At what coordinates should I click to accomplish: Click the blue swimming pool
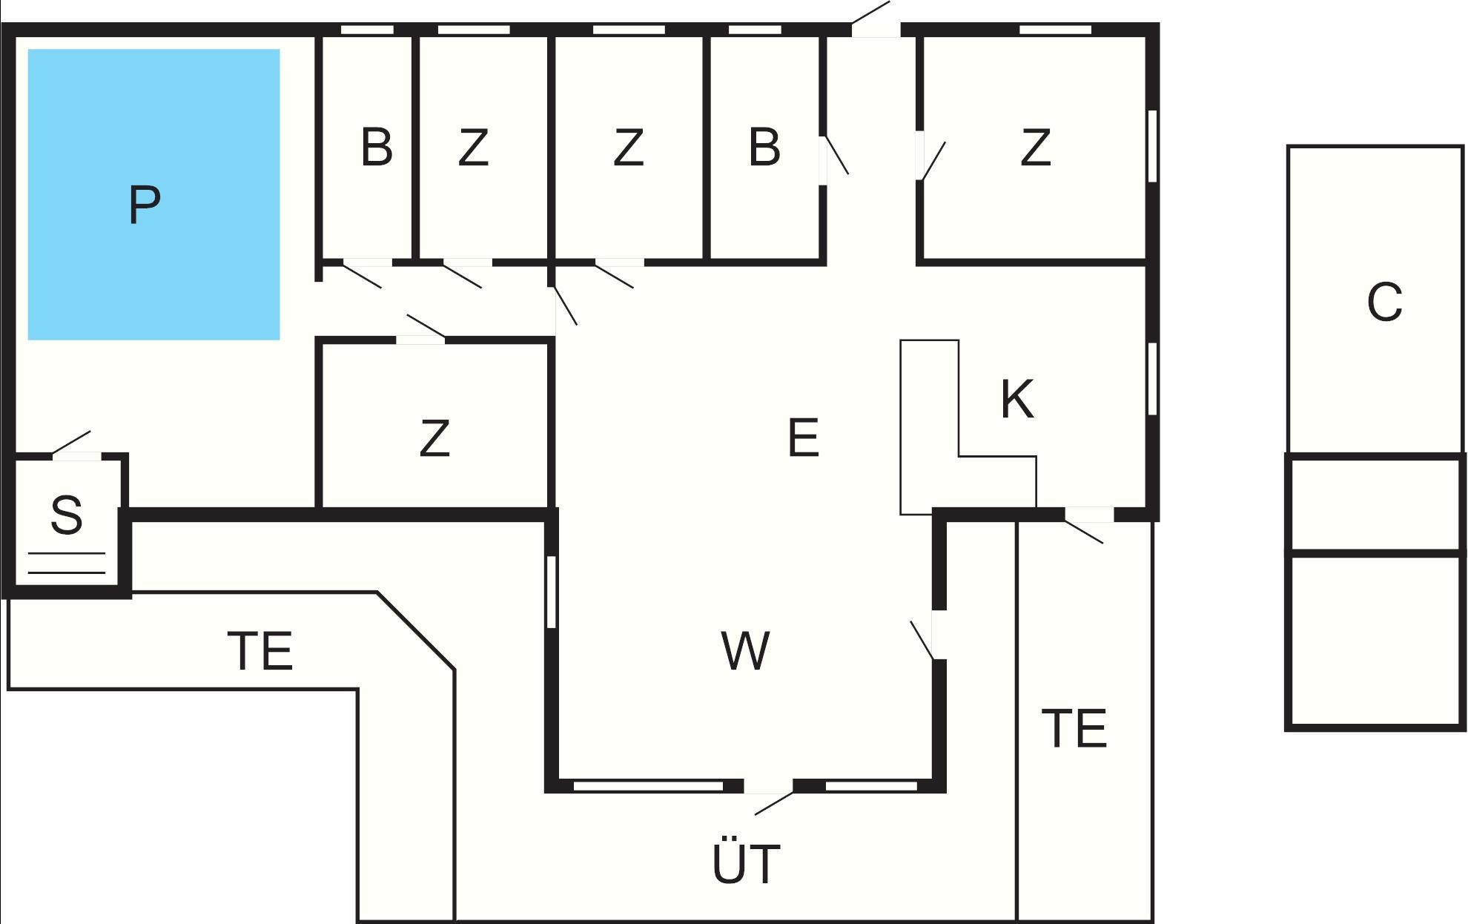point(153,194)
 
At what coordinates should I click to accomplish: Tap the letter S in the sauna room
point(66,515)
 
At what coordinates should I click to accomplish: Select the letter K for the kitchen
point(1016,400)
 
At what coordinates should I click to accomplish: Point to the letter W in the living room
point(745,651)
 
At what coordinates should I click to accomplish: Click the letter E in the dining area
point(803,438)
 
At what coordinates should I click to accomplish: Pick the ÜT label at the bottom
point(746,863)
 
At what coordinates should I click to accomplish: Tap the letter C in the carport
point(1384,303)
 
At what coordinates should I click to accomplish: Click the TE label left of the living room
point(260,650)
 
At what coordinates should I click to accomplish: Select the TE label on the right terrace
point(1074,727)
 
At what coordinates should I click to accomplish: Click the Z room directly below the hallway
point(434,438)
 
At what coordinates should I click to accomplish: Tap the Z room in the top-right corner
point(1035,148)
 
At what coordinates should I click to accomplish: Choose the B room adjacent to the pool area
point(377,148)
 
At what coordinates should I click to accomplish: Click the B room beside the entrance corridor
point(764,148)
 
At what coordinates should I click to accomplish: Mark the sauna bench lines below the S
point(66,563)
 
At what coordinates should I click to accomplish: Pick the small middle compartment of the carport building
point(1375,505)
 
